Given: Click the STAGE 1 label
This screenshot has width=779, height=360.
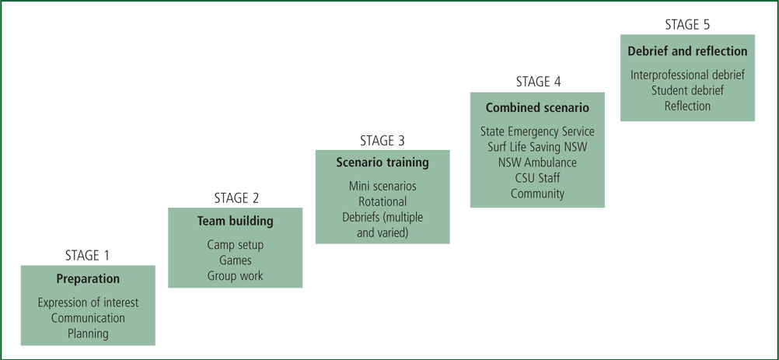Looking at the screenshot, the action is [x=87, y=256].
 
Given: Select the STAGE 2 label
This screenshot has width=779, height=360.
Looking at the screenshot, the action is [x=236, y=198].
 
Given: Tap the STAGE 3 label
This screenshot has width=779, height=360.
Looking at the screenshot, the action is [x=383, y=141].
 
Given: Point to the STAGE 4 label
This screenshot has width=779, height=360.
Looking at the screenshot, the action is [x=538, y=82].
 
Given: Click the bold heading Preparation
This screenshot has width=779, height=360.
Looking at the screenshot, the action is [x=88, y=279].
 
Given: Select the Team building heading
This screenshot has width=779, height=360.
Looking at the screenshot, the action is [x=235, y=221].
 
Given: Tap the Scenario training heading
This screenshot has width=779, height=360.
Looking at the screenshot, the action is [x=382, y=163].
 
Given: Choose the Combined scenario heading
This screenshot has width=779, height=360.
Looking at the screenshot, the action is [x=537, y=108].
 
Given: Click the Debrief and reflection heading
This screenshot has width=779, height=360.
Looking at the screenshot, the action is [x=687, y=51].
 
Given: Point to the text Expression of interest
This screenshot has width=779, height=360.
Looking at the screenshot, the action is [x=88, y=302].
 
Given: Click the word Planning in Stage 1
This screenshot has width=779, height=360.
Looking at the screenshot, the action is [x=88, y=334].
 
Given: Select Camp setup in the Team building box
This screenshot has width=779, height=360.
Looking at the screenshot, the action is [x=235, y=245].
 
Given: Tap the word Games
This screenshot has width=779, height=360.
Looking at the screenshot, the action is [x=235, y=260].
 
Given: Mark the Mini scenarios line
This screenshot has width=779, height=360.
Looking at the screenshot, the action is [x=382, y=187].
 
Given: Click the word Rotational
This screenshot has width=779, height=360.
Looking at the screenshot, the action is [x=382, y=201].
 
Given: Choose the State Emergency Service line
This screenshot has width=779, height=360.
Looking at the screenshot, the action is [x=537, y=131].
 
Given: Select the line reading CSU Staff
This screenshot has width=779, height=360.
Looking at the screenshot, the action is [x=537, y=178].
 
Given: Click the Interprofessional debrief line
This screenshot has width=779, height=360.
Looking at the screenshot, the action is [x=687, y=75].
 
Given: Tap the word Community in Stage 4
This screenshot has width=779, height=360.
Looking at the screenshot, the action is [x=537, y=194].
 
